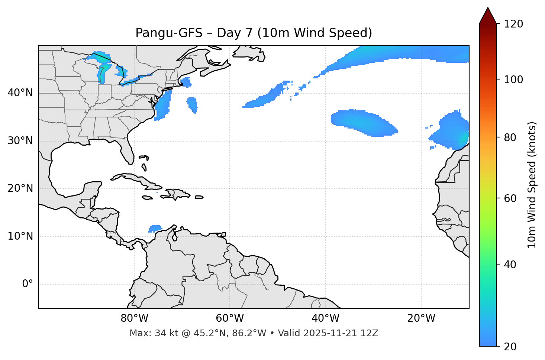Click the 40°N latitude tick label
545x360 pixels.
[x=20, y=93]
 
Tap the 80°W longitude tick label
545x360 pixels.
[x=134, y=318]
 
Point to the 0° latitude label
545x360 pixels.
[x=27, y=284]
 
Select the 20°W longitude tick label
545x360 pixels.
[x=421, y=318]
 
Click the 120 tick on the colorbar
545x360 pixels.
[x=513, y=24]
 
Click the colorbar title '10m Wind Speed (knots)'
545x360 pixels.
[x=532, y=185]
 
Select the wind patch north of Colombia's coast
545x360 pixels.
[x=155, y=228]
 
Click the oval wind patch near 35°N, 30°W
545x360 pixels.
[x=362, y=123]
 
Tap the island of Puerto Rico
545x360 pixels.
[x=199, y=197]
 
